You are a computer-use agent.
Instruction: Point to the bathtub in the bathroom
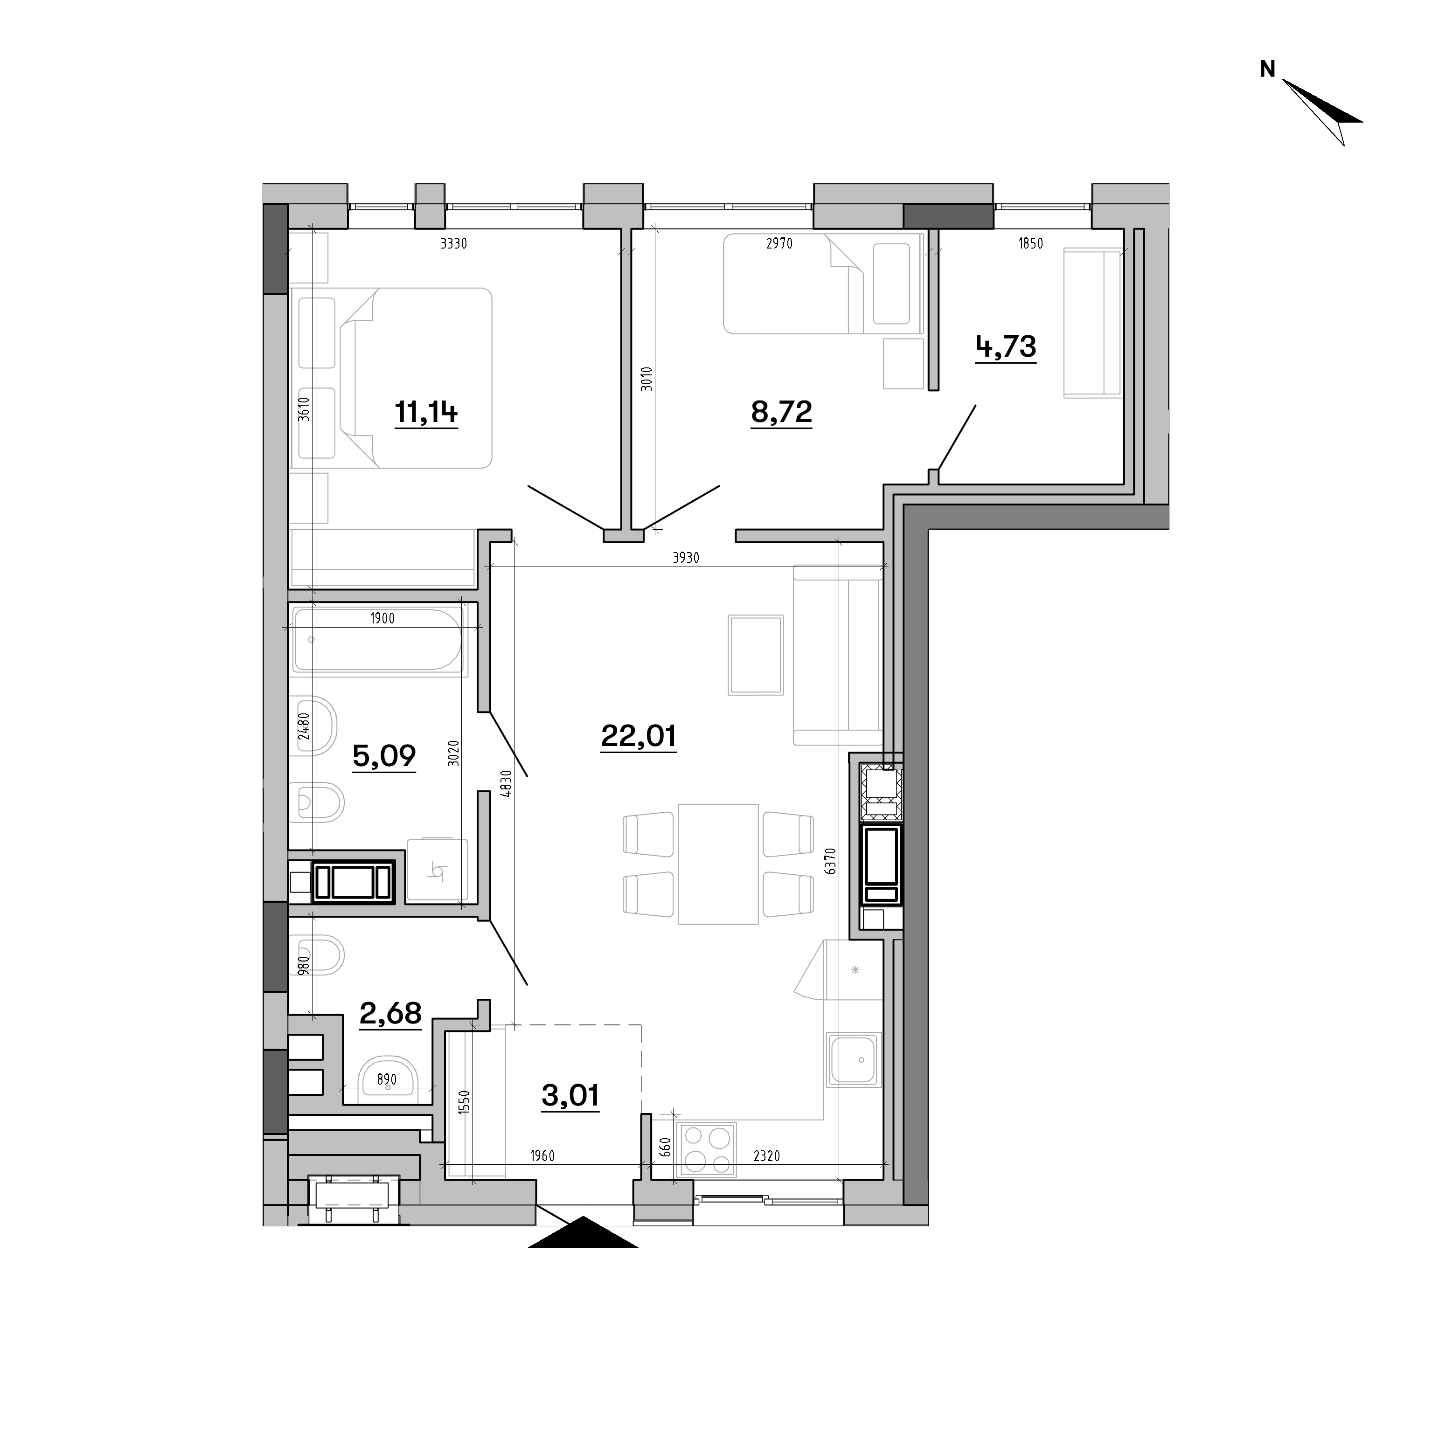(378, 640)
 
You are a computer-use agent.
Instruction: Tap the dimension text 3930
(686, 558)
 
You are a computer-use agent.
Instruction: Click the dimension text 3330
(453, 243)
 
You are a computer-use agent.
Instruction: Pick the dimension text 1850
(1030, 243)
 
